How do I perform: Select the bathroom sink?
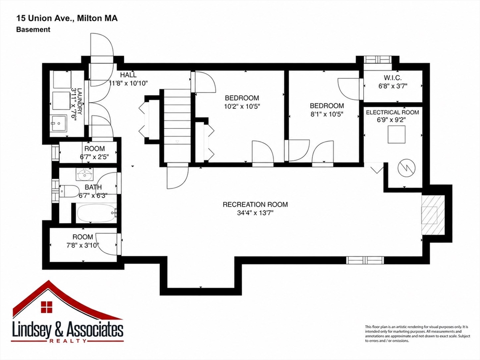[x=84, y=175]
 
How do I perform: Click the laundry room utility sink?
[x=58, y=124]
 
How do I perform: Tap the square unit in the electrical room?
[x=397, y=134]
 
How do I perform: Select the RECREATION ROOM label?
[x=255, y=204]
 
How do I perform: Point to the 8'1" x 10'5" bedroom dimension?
[x=327, y=114]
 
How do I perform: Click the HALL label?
[x=128, y=75]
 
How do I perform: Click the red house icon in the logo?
[x=46, y=307]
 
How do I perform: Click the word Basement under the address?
[x=33, y=30]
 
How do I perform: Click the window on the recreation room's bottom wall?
[x=365, y=260]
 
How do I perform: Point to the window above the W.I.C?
[x=377, y=59]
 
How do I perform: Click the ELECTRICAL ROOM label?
[x=392, y=112]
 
